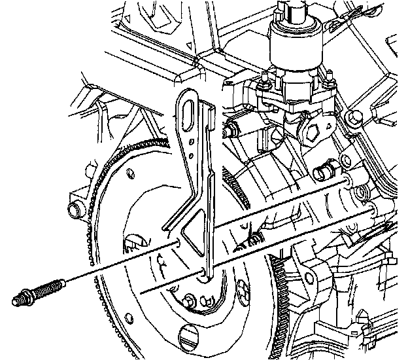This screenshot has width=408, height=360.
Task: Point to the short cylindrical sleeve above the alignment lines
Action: (x=320, y=173)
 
